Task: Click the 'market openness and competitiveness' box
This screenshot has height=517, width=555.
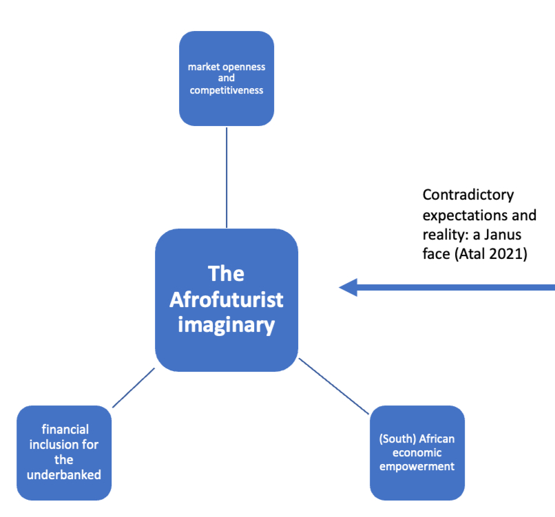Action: point(227,78)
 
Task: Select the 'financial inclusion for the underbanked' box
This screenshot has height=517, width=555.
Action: point(64,452)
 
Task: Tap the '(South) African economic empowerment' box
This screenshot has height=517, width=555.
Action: point(417,452)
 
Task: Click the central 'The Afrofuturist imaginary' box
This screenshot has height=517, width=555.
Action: point(227,300)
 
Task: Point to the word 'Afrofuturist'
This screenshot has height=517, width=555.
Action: point(227,300)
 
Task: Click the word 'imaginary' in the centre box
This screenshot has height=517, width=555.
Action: point(227,324)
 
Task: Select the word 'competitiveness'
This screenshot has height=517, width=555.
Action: point(227,90)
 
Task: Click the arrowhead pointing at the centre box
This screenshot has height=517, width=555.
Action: point(348,288)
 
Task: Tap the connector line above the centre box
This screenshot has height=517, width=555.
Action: point(227,177)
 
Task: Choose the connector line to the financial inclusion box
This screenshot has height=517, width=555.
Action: point(133,388)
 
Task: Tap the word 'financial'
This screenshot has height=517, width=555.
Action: point(65,429)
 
